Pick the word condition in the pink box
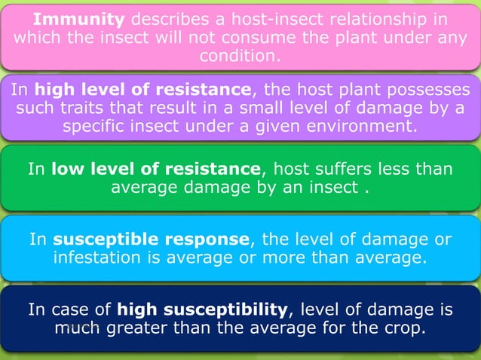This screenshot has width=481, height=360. click(237, 55)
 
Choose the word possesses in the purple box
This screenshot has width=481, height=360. click(429, 90)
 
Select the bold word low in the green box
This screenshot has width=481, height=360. click(67, 168)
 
